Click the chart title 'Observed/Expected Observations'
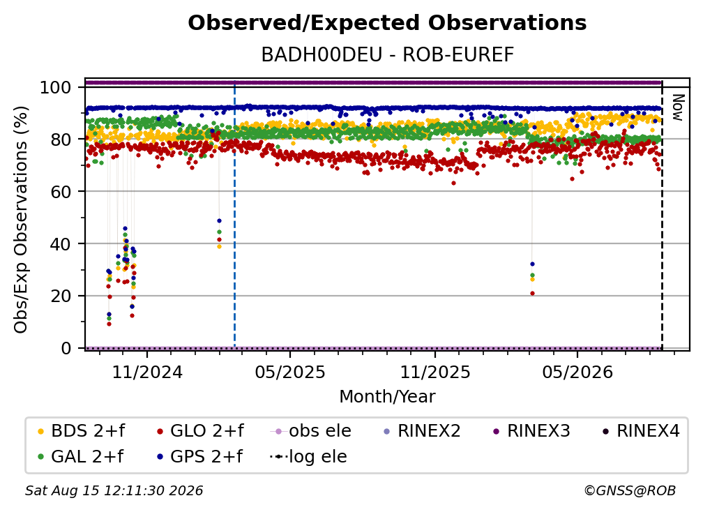pyautogui.click(x=387, y=23)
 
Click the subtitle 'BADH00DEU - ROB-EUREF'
pyautogui.click(x=387, y=55)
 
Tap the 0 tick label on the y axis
pyautogui.click(x=66, y=348)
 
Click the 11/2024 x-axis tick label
pyautogui.click(x=148, y=372)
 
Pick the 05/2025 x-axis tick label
pyautogui.click(x=290, y=372)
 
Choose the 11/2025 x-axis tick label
pyautogui.click(x=435, y=372)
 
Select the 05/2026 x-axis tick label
pyautogui.click(x=577, y=372)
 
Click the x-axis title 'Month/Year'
pyautogui.click(x=387, y=397)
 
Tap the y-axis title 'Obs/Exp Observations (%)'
pyautogui.click(x=21, y=220)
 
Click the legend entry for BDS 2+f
pyautogui.click(x=82, y=431)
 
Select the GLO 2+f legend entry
pyautogui.click(x=200, y=431)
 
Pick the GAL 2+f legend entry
pyautogui.click(x=81, y=457)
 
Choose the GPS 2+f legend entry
pyautogui.click(x=199, y=457)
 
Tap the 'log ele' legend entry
pyautogui.click(x=308, y=457)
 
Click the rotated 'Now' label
pyautogui.click(x=678, y=107)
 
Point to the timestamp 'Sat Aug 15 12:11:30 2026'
pyautogui.click(x=114, y=490)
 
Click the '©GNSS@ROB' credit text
pyautogui.click(x=630, y=490)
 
